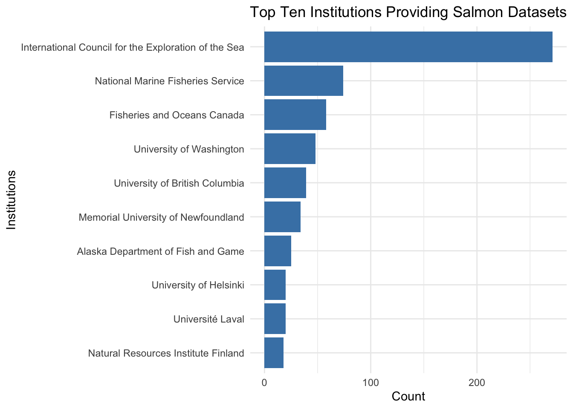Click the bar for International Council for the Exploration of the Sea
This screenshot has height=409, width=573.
(408, 47)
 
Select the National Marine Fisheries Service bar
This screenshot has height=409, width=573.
(304, 81)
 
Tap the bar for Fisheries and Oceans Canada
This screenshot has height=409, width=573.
(295, 115)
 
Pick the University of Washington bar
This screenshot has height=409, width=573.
(290, 149)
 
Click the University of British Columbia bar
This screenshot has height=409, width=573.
(285, 183)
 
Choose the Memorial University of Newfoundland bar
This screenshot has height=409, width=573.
(282, 217)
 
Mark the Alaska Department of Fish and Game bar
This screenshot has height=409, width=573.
(278, 251)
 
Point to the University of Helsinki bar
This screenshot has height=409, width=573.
(275, 285)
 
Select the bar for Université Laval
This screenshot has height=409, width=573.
(275, 319)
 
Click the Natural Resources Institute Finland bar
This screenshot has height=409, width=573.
(274, 353)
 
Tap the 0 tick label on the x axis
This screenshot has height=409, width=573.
(264, 383)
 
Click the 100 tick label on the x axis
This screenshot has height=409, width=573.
(370, 383)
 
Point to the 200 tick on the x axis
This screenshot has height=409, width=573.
(477, 383)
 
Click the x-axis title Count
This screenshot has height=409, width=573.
(408, 397)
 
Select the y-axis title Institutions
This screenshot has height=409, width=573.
(12, 200)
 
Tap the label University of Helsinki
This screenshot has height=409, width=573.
(198, 285)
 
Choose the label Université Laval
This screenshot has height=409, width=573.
(209, 319)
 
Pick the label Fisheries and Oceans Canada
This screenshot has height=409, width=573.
(177, 115)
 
